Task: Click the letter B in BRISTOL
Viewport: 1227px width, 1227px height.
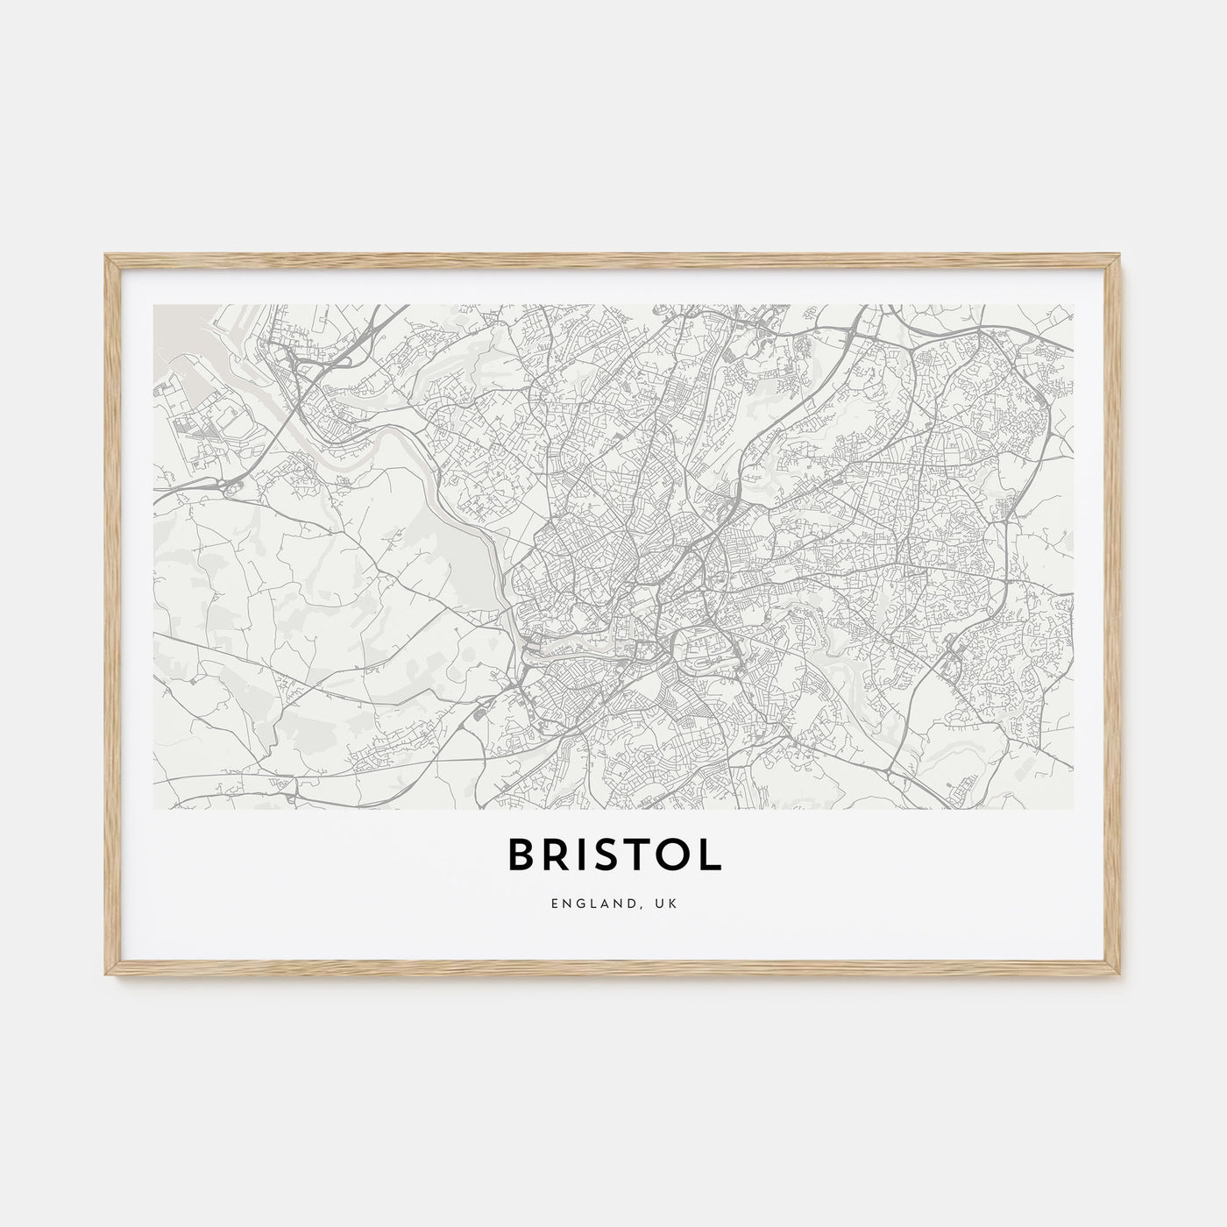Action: click(x=522, y=856)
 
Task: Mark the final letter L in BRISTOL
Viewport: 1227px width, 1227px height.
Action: click(x=713, y=856)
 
